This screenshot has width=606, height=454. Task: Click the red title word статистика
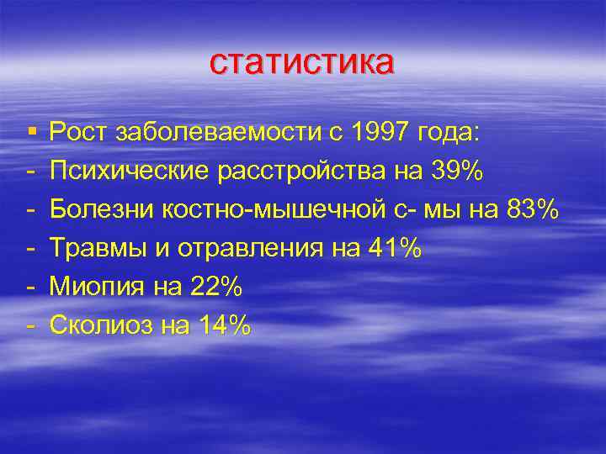tap(301, 62)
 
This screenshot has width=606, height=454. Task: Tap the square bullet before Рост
tap(30, 131)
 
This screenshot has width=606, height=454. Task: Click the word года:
tap(448, 133)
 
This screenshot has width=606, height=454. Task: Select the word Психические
tap(130, 171)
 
